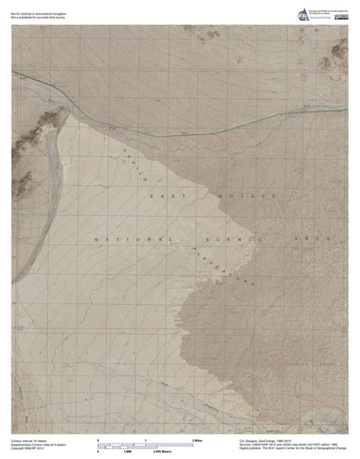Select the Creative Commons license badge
coord(341,16)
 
